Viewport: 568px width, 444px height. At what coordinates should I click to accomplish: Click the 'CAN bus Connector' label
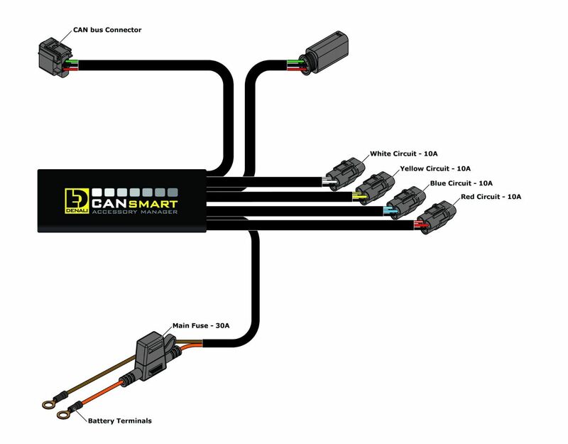[x=107, y=30]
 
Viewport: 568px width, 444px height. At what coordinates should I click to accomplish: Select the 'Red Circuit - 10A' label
[x=489, y=196]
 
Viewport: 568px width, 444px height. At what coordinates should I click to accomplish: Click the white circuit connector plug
[x=346, y=172]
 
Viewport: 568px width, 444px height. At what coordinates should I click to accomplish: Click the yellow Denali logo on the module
[x=75, y=203]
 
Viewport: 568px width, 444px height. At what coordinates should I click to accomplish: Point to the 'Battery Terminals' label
[x=119, y=421]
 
